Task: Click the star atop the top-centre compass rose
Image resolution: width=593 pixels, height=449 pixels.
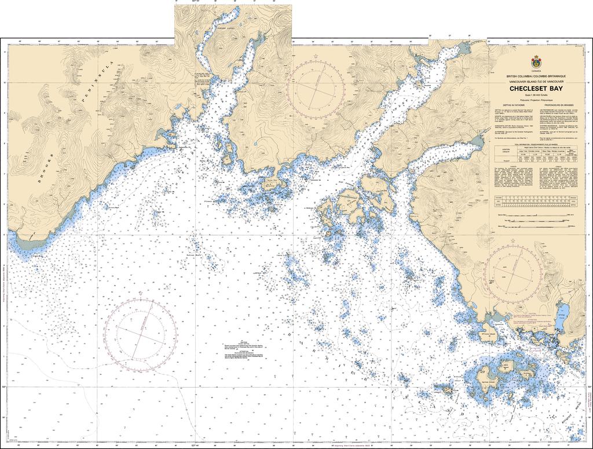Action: [x=316, y=56]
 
